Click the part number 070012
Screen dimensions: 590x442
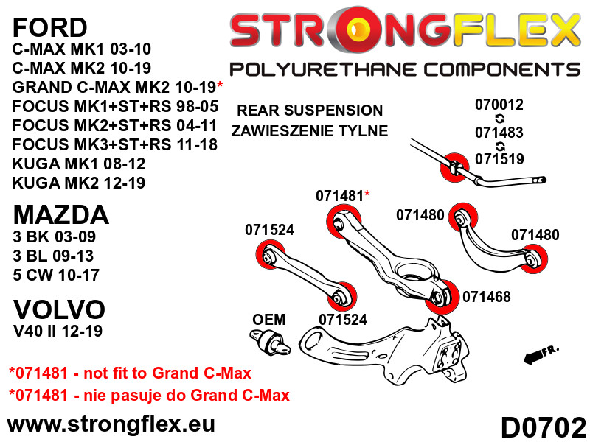tap(499, 105)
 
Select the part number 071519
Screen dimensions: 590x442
tap(499, 159)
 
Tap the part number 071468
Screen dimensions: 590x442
tap(487, 297)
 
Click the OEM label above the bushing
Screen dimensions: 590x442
tap(268, 320)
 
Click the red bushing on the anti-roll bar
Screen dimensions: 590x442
tap(454, 168)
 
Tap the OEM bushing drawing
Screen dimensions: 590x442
tap(270, 341)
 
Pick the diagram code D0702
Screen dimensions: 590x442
tap(544, 427)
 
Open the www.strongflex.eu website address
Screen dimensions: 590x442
tap(111, 425)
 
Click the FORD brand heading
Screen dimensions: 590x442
tap(49, 27)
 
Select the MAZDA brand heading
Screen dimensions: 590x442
tap(61, 215)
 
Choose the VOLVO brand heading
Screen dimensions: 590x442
tap(59, 309)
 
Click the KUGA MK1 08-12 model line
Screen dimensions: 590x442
tap(79, 164)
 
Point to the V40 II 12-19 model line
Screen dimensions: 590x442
tap(58, 331)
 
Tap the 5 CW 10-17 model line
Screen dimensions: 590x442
tap(56, 275)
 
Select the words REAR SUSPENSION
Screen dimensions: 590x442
tap(310, 110)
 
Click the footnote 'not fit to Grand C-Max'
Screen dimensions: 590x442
tap(167, 373)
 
